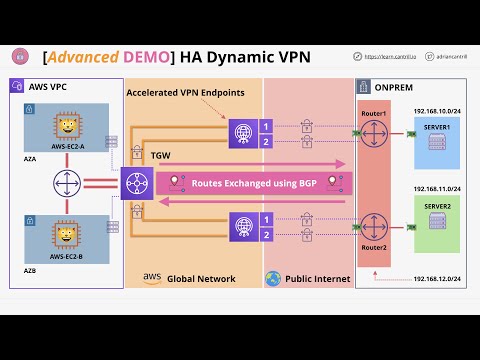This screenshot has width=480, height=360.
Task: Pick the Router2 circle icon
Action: click(373, 227)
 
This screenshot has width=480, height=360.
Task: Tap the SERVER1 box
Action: click(437, 138)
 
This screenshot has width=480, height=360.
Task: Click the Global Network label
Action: click(201, 278)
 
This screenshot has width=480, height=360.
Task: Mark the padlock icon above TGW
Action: click(136, 152)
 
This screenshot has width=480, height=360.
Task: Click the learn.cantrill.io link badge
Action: click(390, 58)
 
